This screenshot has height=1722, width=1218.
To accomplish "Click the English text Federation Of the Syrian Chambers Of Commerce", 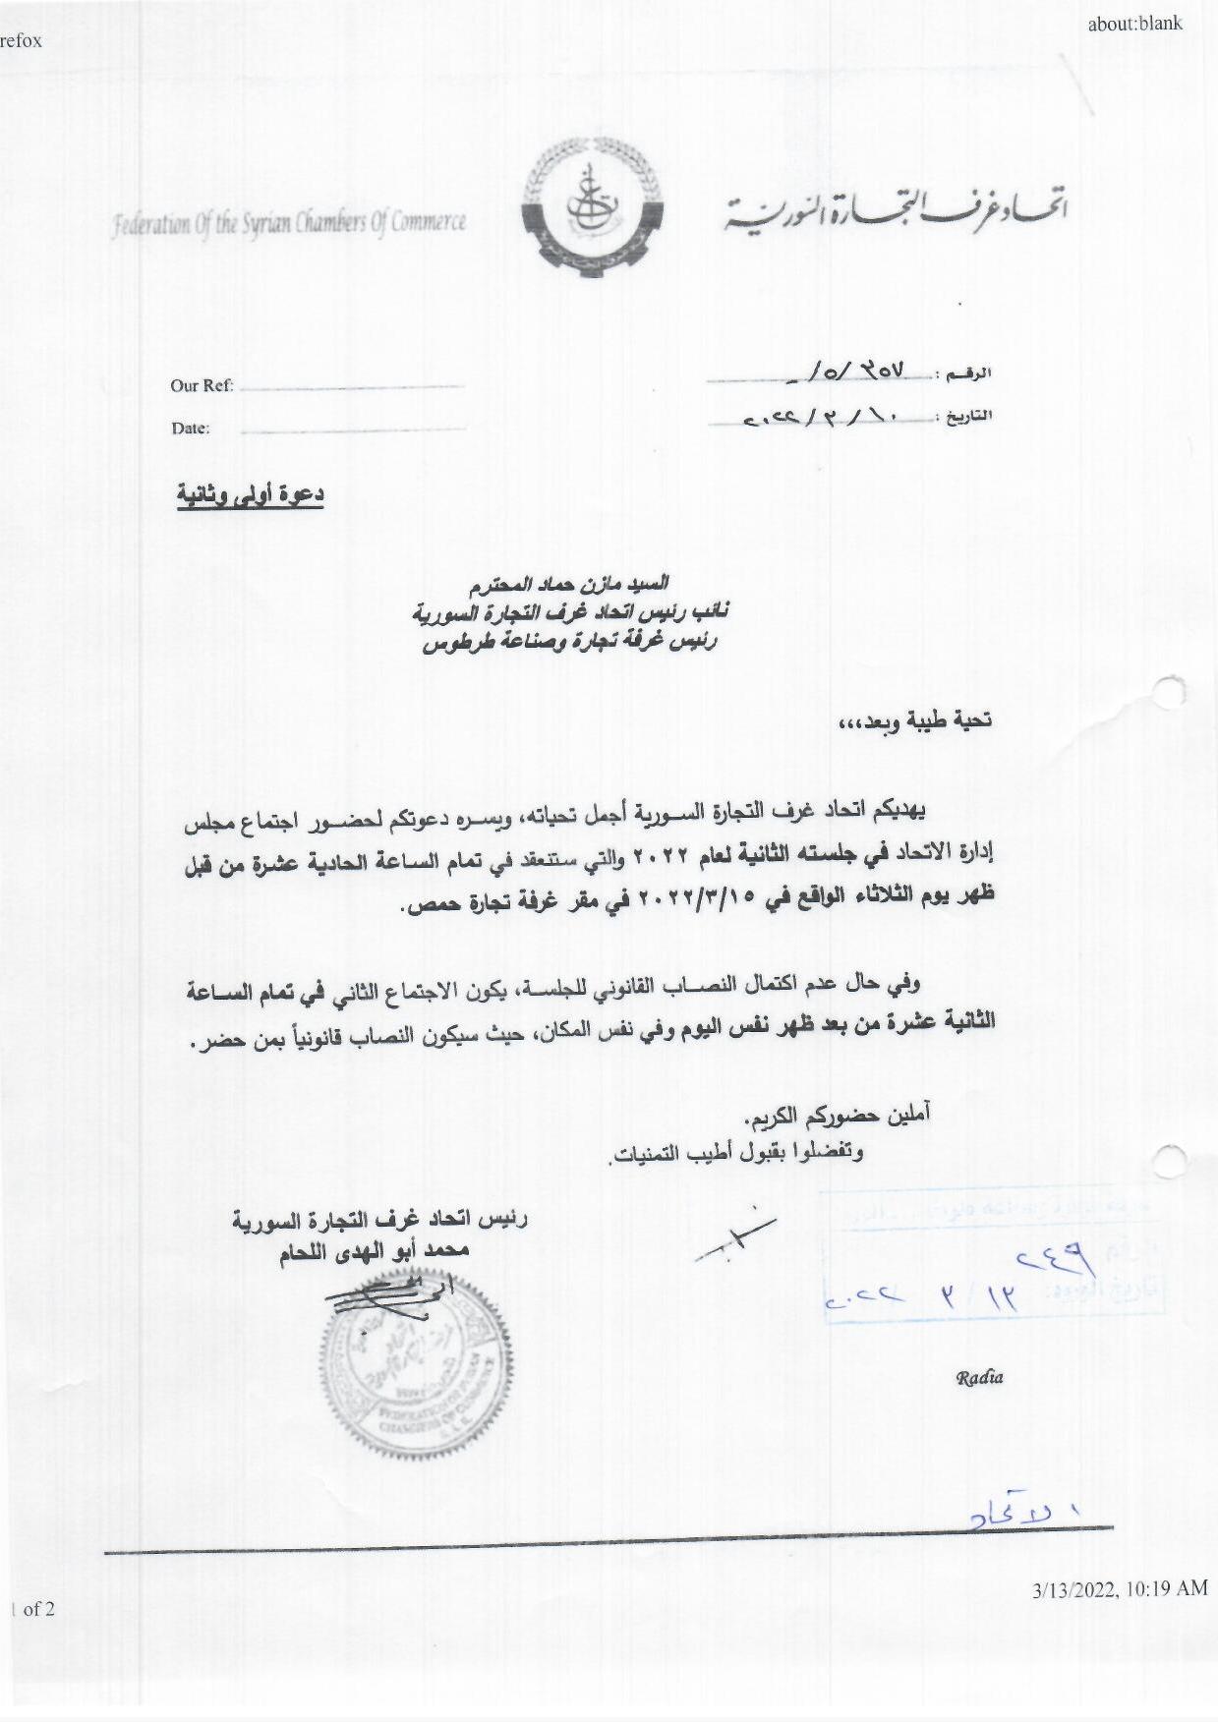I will [x=289, y=224].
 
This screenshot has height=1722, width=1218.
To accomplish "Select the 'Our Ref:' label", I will [x=202, y=385].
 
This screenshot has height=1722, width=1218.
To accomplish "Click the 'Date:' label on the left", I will [x=191, y=428].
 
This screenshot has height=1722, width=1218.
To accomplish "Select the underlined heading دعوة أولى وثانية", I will [x=251, y=494].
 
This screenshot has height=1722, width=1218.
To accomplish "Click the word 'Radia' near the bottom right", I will [x=979, y=1376].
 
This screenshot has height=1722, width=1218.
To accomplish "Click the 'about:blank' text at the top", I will [x=1134, y=24].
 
